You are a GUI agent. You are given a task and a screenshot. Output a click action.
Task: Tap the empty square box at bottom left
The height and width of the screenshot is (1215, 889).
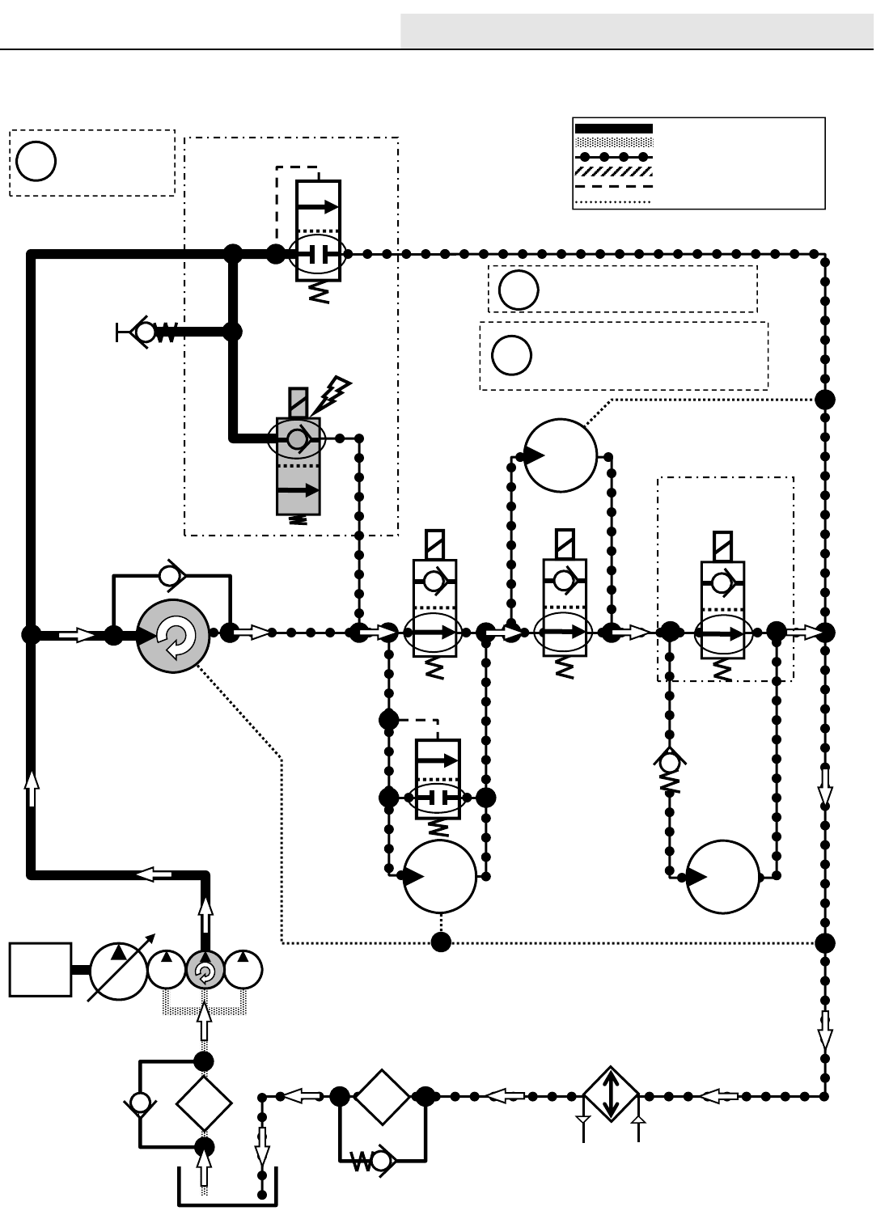(40, 969)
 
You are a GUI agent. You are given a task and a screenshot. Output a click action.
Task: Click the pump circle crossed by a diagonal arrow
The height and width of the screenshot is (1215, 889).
(119, 969)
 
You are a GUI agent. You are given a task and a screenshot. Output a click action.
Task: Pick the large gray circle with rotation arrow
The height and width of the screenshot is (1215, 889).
(174, 636)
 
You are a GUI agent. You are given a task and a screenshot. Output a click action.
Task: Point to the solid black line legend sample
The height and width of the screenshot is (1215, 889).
(612, 129)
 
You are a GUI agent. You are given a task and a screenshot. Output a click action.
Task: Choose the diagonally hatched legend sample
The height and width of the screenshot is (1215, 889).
(612, 171)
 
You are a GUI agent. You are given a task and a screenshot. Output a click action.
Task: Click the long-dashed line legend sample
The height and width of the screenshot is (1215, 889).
(612, 187)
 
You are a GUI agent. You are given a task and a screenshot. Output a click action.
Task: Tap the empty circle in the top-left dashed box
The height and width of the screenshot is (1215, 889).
(36, 161)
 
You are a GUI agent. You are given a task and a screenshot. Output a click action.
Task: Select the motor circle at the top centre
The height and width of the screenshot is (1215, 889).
(561, 455)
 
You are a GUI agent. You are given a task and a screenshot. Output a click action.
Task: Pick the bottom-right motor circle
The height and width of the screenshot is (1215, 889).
(723, 877)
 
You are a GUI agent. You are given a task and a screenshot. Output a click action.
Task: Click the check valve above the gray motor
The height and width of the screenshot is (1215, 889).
(171, 576)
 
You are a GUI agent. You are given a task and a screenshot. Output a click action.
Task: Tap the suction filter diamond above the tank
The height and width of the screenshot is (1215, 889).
(204, 1103)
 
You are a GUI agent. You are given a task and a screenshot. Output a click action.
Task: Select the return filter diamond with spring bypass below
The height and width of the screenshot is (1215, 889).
(382, 1096)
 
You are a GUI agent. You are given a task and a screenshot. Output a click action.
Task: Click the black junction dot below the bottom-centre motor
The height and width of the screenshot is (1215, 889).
(441, 942)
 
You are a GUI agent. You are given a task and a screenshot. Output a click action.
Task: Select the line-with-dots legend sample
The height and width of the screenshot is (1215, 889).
(612, 157)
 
